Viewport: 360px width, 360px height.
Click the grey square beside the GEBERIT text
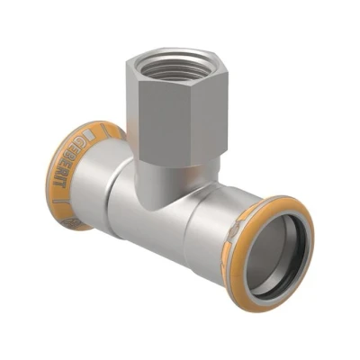click(88, 134)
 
